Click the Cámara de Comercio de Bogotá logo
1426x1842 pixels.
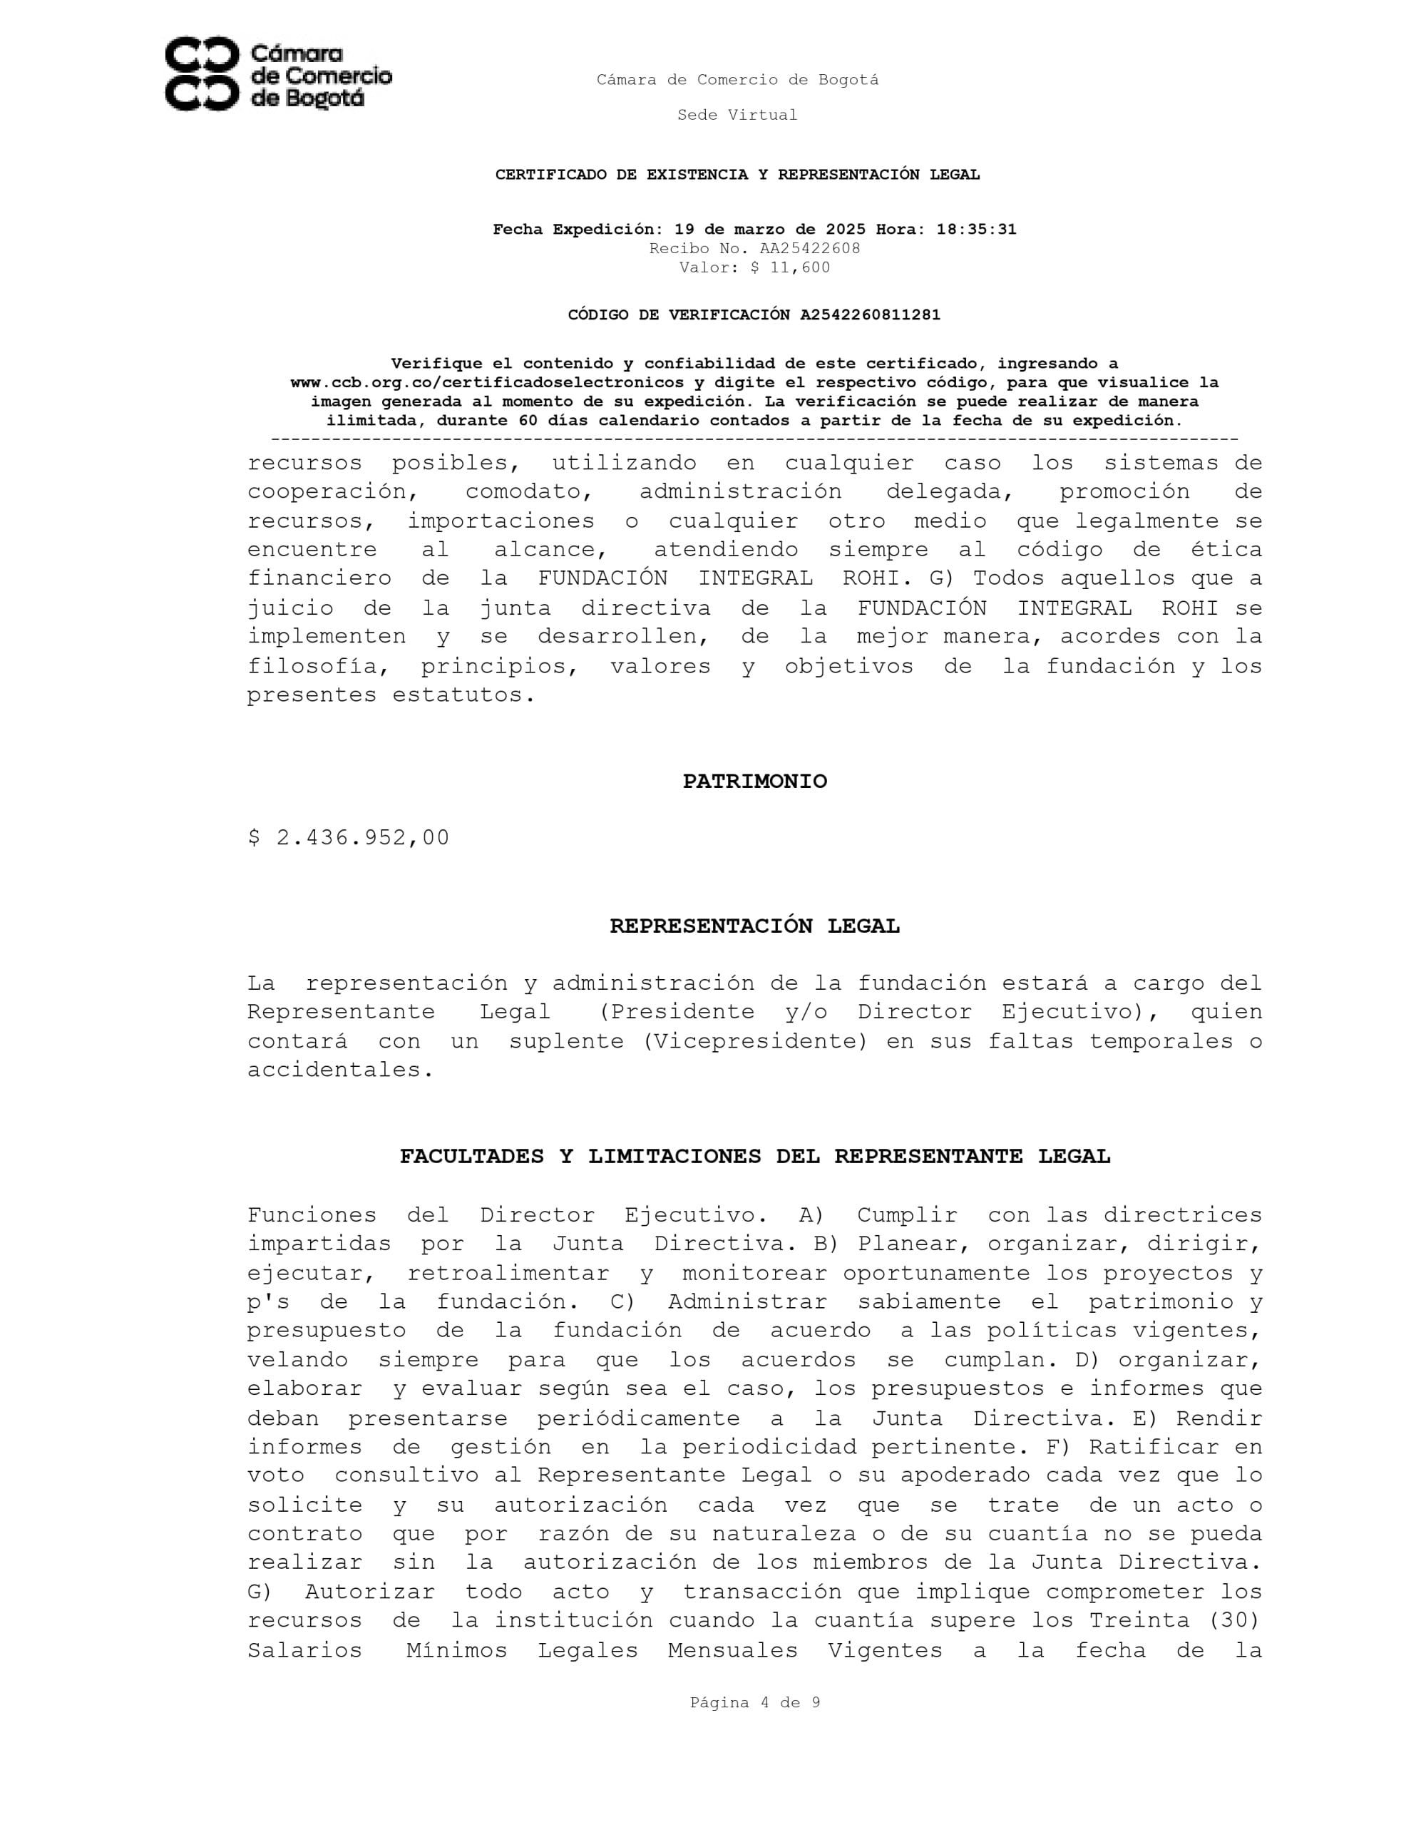277,73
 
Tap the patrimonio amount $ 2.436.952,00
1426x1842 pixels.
348,837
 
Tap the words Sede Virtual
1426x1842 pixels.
737,115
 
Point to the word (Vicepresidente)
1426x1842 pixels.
755,1042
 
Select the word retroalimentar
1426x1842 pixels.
508,1273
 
